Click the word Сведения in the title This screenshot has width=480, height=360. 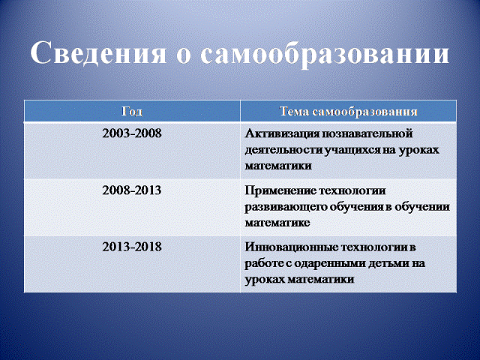point(98,55)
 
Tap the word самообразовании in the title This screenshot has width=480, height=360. point(325,55)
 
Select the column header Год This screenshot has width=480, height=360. point(132,112)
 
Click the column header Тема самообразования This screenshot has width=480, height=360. point(349,112)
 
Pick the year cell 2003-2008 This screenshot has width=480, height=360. point(132,133)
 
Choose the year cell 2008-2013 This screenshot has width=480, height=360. point(132,190)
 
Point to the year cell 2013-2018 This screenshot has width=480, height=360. point(132,247)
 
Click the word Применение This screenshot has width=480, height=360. point(280,190)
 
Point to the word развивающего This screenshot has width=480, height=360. point(286,207)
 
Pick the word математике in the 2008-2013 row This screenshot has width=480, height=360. point(277,223)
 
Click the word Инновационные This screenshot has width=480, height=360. point(291,247)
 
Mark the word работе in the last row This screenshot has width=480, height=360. point(264,264)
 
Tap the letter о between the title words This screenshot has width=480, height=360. point(184,57)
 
